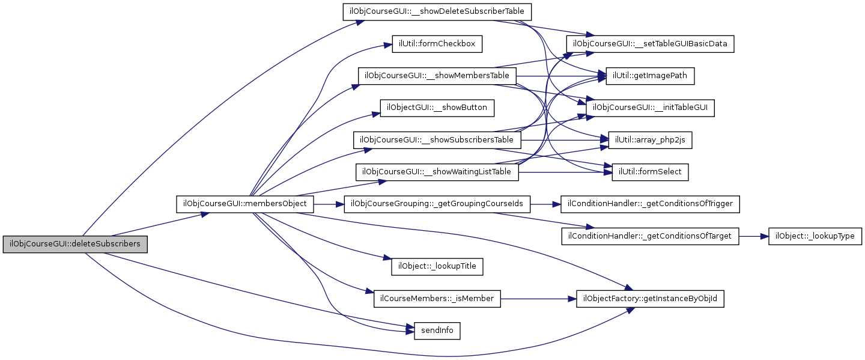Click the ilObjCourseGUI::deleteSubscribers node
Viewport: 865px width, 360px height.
pos(75,244)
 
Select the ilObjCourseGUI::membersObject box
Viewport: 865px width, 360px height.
pos(245,204)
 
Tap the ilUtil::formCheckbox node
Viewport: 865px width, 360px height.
pos(437,44)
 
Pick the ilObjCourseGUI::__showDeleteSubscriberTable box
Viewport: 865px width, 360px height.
pos(437,12)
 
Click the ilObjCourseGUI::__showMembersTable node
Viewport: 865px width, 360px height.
pos(437,76)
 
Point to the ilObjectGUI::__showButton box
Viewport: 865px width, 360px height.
pos(437,108)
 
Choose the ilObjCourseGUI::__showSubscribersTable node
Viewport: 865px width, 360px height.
pos(437,140)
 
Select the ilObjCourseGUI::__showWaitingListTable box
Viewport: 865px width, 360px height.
pos(437,172)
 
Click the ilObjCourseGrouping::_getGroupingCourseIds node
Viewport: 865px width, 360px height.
pos(437,204)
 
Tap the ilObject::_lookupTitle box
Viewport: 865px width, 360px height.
pos(437,266)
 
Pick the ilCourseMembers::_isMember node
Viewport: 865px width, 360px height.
pos(437,299)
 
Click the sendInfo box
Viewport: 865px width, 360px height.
pos(437,331)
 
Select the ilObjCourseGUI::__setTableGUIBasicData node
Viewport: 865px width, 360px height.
pos(651,44)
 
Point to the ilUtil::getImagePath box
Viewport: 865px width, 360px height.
pos(651,76)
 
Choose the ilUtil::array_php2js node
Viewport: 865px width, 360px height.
pos(651,140)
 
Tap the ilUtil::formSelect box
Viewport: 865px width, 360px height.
pos(651,172)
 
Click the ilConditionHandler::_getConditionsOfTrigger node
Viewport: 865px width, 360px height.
pos(651,204)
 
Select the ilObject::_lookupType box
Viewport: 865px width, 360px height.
pos(815,236)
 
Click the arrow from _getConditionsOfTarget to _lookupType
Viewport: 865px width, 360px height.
pos(753,236)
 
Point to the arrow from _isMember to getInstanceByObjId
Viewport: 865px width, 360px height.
pos(539,299)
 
